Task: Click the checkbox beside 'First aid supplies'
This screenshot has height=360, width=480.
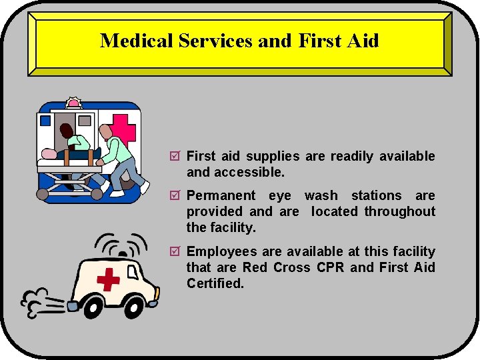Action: (175, 157)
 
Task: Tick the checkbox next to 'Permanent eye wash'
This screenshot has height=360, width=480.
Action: (175, 196)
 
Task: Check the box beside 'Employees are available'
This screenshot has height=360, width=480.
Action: (175, 252)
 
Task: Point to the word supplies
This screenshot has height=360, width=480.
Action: (273, 157)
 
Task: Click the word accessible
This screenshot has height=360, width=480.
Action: (256, 172)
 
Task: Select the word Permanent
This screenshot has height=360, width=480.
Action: (221, 196)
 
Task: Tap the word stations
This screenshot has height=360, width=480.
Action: (376, 196)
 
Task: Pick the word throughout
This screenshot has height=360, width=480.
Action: (400, 212)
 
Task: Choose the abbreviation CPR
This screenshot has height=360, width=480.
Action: (330, 268)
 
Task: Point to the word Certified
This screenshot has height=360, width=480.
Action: (215, 283)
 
